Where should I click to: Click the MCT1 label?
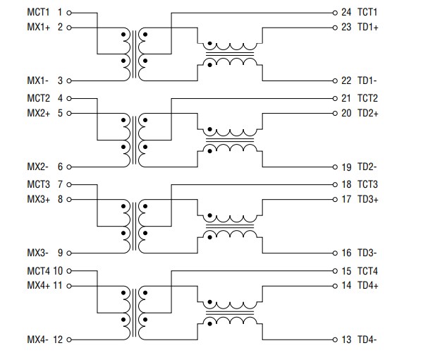tap(38, 13)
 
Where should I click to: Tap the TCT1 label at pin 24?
tap(368, 13)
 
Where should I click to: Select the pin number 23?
tap(346, 28)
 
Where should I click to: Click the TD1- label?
tap(367, 81)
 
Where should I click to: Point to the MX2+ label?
tap(38, 113)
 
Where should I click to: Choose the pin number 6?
tap(60, 167)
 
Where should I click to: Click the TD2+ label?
tap(368, 113)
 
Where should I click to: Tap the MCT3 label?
tap(38, 184)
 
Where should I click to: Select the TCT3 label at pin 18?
tap(368, 184)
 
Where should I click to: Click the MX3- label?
tap(37, 253)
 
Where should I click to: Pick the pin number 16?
tap(346, 253)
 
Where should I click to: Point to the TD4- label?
tap(367, 340)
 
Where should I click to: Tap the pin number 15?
tap(346, 270)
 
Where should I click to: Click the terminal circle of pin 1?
tap(70, 13)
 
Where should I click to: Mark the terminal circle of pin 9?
tap(70, 253)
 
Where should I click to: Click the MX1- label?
tap(37, 81)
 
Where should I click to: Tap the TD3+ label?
tap(368, 199)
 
